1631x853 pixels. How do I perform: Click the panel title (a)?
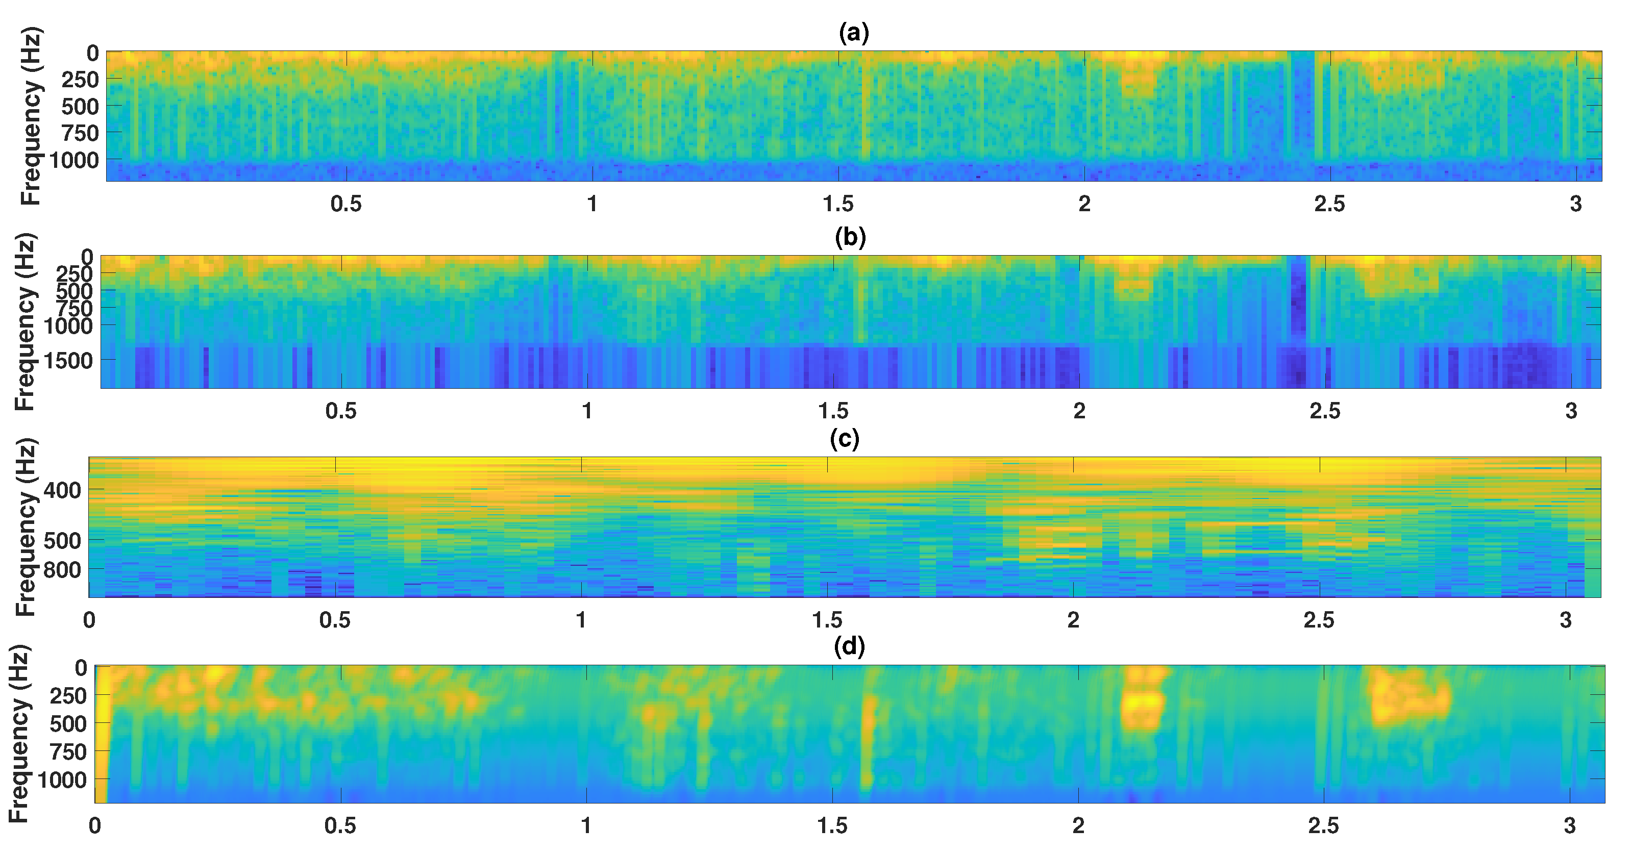click(x=853, y=32)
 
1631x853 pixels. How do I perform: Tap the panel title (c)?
click(x=845, y=439)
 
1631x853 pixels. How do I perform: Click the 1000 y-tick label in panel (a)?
click(x=74, y=161)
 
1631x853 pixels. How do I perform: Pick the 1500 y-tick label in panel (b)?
click(x=68, y=361)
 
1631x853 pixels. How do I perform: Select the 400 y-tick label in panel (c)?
click(x=63, y=490)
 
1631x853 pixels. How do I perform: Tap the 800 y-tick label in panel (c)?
click(x=63, y=570)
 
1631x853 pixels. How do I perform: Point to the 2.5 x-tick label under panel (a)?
click(x=1329, y=204)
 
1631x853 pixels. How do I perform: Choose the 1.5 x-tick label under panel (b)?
click(x=833, y=411)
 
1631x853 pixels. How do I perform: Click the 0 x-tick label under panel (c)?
click(x=89, y=620)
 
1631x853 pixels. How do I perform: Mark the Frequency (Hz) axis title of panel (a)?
click(x=31, y=116)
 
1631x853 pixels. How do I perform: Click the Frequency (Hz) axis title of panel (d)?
click(x=19, y=734)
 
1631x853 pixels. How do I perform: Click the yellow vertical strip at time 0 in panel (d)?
click(x=101, y=734)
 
